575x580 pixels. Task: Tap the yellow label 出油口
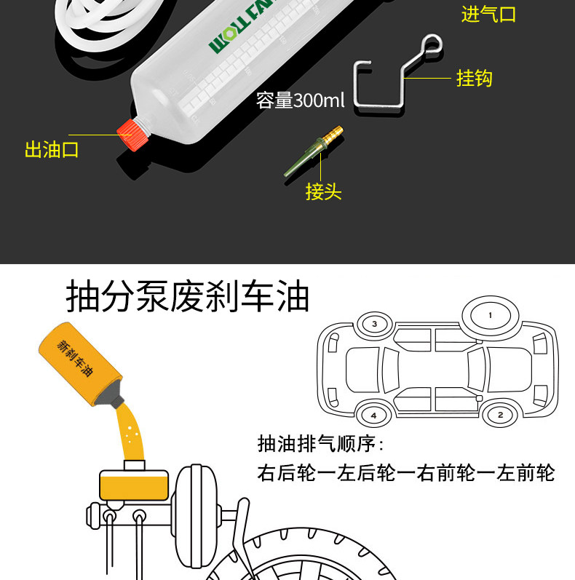(x=52, y=150)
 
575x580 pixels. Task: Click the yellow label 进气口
(x=488, y=14)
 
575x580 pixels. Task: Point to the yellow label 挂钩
(x=474, y=78)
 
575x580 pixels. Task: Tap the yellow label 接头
(x=323, y=191)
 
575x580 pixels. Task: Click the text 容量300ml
(x=300, y=100)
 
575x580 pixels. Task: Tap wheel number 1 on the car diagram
(x=490, y=315)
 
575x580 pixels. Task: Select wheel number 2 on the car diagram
(x=499, y=415)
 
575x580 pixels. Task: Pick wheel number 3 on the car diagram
(x=374, y=323)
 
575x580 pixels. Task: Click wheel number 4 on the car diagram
(x=373, y=415)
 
